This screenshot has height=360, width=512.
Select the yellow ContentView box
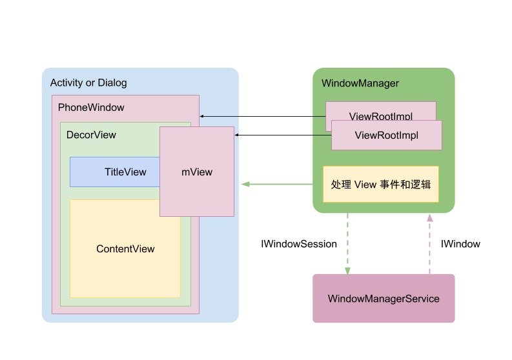[125, 249]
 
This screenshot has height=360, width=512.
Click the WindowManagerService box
[384, 299]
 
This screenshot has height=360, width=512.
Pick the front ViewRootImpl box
[387, 135]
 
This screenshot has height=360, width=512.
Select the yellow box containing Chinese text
[380, 184]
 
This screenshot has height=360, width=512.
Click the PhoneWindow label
[91, 107]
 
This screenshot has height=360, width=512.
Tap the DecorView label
[91, 135]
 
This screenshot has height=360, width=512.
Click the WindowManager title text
[360, 83]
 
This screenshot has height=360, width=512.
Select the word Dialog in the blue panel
[112, 83]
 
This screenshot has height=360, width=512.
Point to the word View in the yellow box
[365, 184]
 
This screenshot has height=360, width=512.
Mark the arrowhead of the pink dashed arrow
[429, 218]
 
